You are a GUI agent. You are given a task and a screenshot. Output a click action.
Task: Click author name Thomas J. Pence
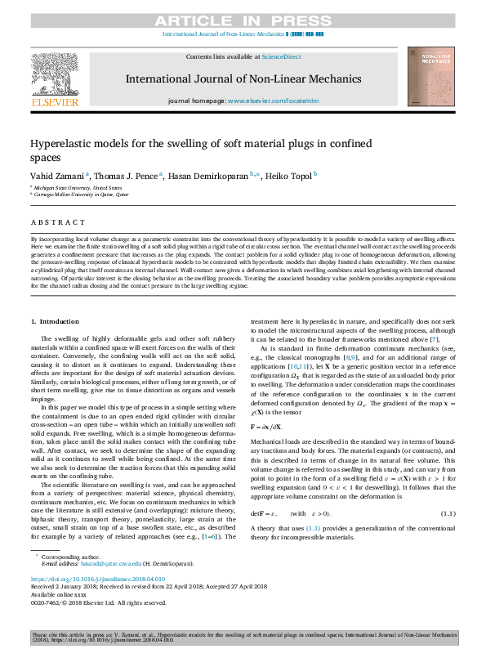tap(126, 176)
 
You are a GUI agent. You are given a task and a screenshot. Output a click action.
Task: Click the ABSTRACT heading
tap(58, 222)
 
